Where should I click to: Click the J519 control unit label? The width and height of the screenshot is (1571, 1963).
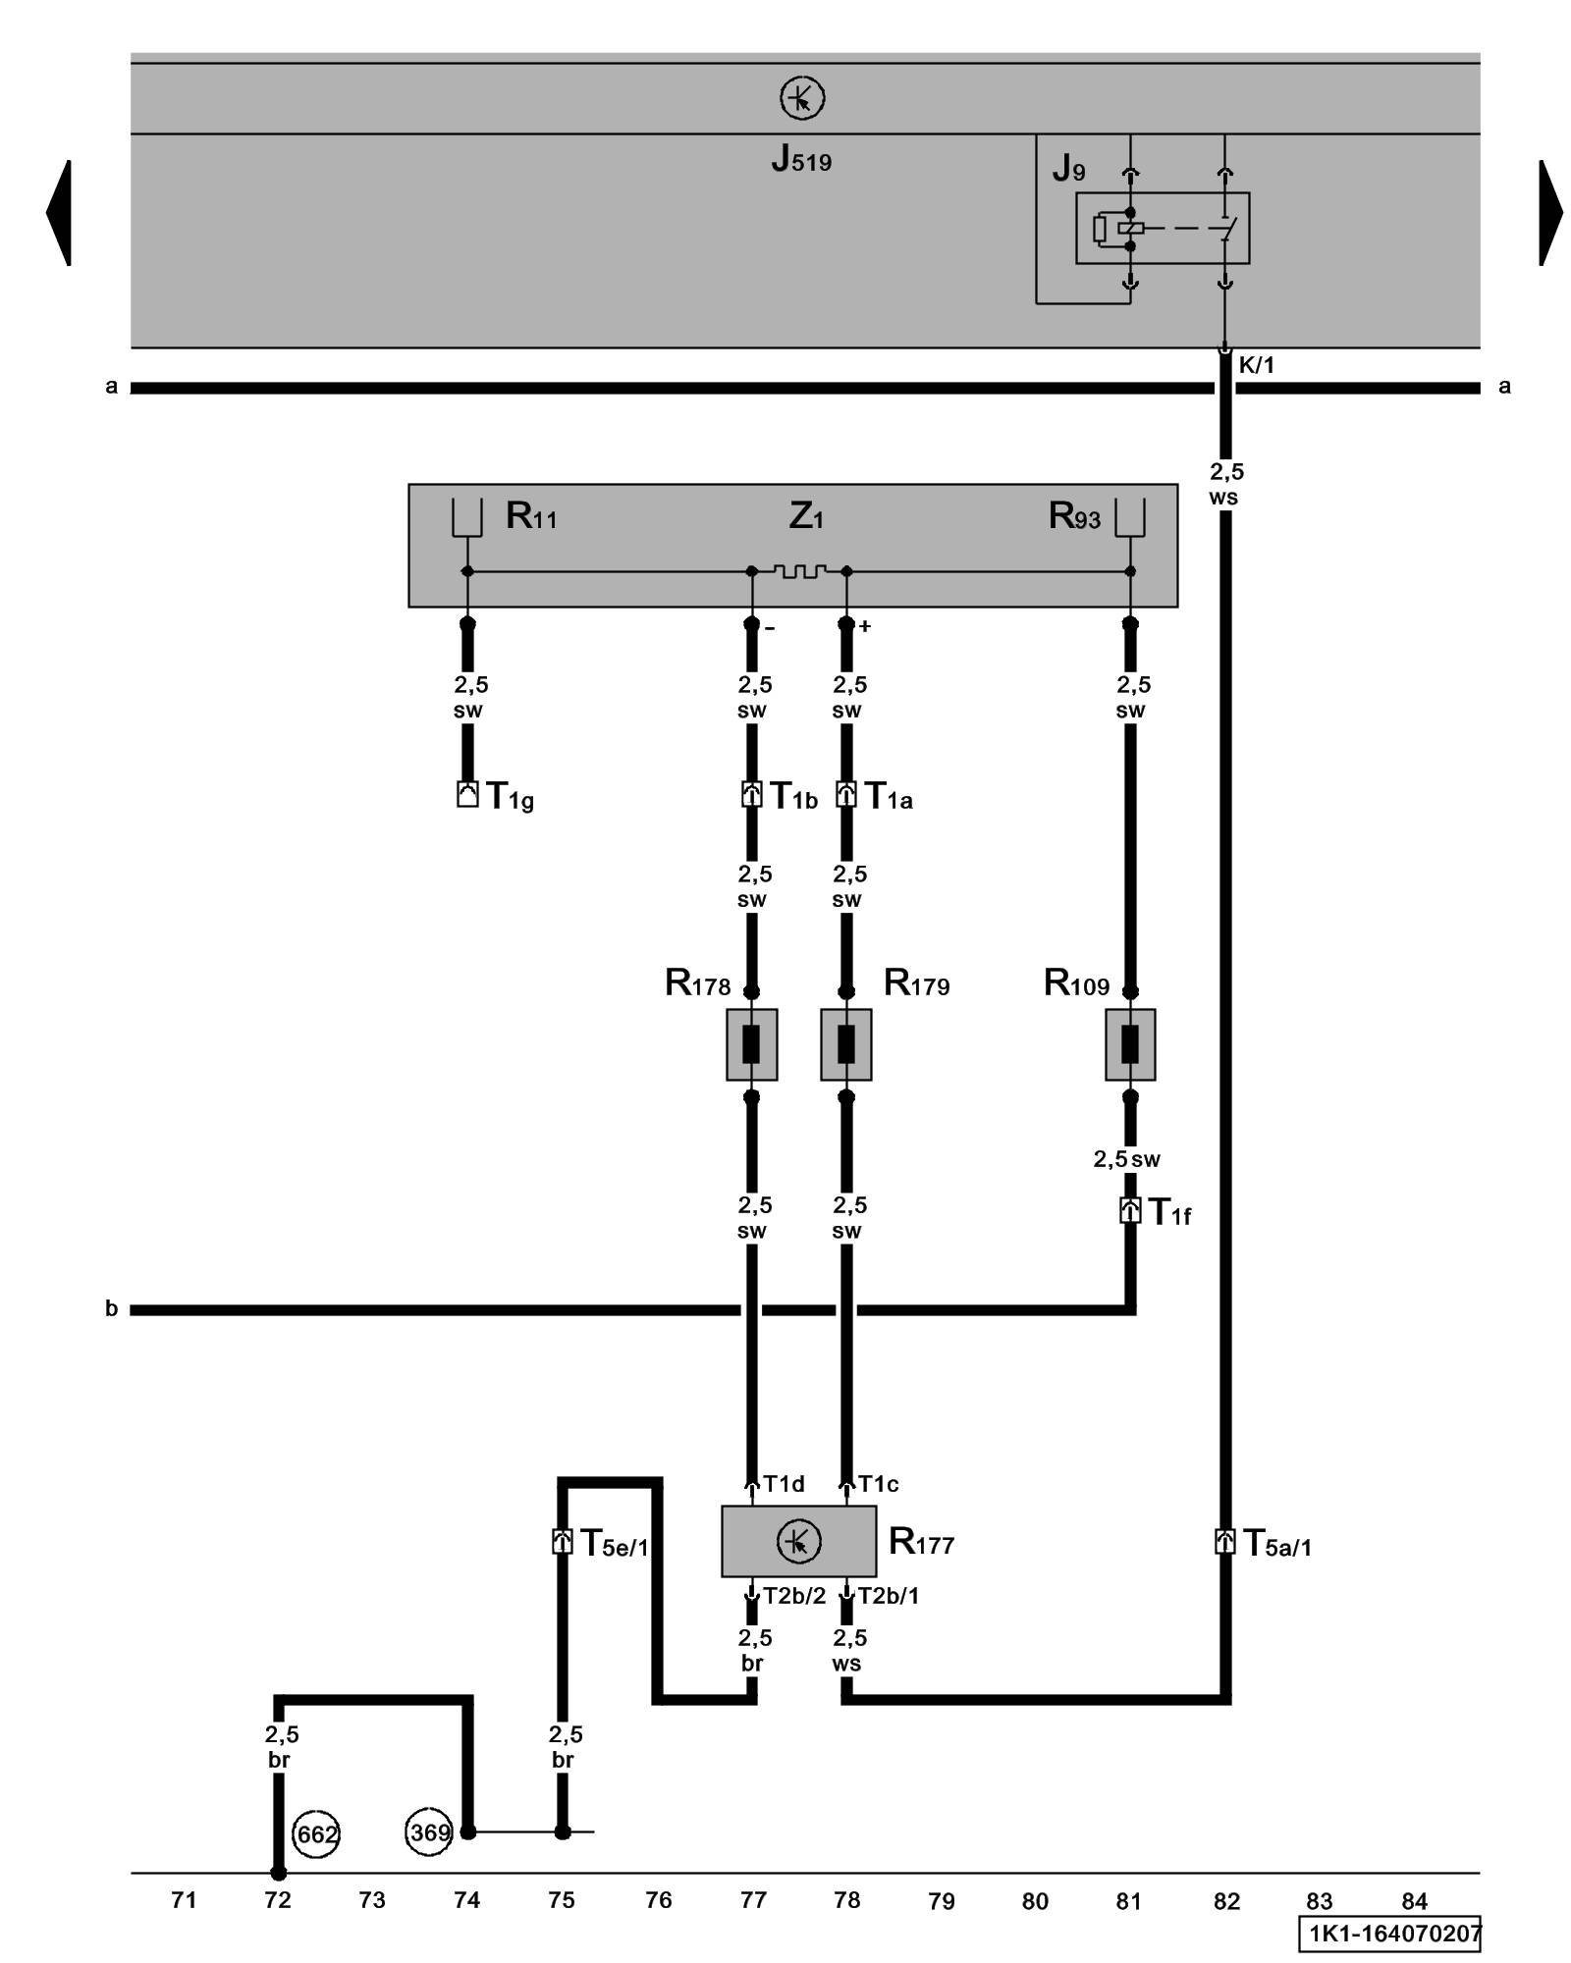800,159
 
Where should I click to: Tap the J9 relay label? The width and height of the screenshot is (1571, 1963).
1068,169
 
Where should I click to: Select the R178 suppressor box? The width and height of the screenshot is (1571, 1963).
751,1044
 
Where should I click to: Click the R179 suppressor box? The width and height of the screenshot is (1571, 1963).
845,1044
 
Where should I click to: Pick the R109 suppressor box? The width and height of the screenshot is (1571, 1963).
1129,1044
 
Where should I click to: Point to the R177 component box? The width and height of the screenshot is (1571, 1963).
798,1542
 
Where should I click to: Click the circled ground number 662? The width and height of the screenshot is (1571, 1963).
316,1834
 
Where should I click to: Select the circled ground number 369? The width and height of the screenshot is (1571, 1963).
429,1832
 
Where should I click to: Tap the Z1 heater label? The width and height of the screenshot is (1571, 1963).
805,516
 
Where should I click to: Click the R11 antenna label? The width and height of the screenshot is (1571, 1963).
531,516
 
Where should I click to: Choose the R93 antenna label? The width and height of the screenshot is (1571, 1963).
1074,516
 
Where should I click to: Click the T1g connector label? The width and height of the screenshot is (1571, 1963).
510,797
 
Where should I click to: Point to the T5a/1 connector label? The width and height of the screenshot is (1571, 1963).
1276,1544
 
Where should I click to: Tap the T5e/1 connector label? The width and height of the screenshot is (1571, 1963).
614,1544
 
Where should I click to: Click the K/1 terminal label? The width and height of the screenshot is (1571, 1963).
1256,366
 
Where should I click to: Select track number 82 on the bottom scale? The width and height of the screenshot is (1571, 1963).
1226,1901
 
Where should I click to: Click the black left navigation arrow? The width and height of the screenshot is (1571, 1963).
59,212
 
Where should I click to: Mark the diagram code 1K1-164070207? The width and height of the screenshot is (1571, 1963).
1389,1934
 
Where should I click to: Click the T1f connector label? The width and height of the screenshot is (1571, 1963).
1169,1213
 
